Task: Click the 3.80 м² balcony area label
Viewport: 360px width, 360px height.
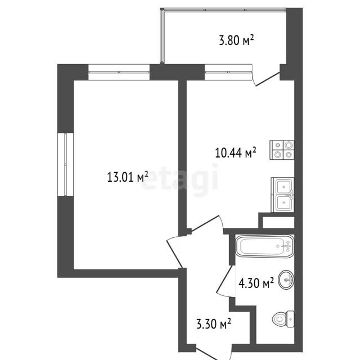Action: [x=236, y=40]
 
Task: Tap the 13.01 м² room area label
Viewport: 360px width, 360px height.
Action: [x=128, y=177]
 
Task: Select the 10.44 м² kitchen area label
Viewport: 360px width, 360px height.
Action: [x=236, y=152]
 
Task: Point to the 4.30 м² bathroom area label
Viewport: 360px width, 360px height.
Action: [x=256, y=282]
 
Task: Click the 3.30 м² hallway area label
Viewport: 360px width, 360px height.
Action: [x=214, y=323]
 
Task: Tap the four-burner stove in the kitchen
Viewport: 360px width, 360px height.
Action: [x=282, y=150]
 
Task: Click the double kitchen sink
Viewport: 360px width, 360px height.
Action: [x=282, y=195]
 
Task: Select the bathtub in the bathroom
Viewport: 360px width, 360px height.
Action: [x=264, y=246]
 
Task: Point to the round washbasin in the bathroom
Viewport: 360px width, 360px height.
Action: [x=286, y=280]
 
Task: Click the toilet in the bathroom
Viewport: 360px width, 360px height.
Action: [x=283, y=319]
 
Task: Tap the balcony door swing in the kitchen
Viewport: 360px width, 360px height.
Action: [x=265, y=78]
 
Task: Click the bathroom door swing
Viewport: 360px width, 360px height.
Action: [x=226, y=282]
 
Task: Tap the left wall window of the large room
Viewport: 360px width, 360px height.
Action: [x=65, y=164]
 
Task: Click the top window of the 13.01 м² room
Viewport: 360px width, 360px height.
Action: [x=119, y=72]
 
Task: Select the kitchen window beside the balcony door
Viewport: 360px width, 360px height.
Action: [x=228, y=72]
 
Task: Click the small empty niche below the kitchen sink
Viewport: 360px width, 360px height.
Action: [x=278, y=223]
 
